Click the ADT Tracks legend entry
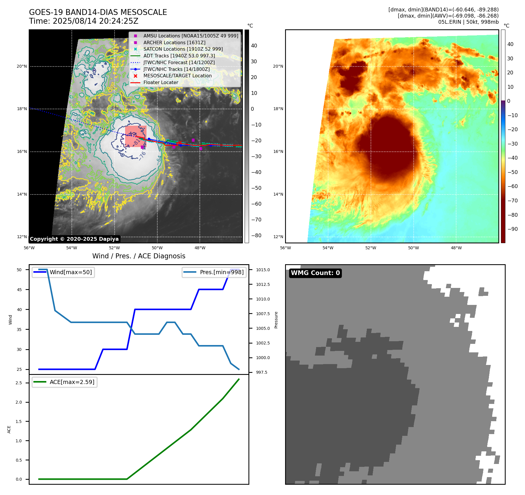pyautogui.click(x=179, y=56)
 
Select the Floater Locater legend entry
pyautogui.click(x=161, y=83)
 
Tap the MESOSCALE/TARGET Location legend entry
pyautogui.click(x=177, y=76)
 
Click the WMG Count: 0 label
pyautogui.click(x=315, y=273)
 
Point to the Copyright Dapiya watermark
pyautogui.click(x=74, y=239)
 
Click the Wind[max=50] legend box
pyautogui.click(x=63, y=272)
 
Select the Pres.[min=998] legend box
pyautogui.click(x=214, y=272)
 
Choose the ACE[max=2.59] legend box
pyautogui.click(x=64, y=382)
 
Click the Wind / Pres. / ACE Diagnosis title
pyautogui.click(x=139, y=256)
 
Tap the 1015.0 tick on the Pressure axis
pyautogui.click(x=263, y=270)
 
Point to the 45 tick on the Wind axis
pyautogui.click(x=19, y=290)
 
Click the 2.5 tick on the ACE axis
pyautogui.click(x=19, y=383)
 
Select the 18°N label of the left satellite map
pyautogui.click(x=22, y=109)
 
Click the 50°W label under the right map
pyautogui.click(x=413, y=248)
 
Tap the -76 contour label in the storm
pyautogui.click(x=142, y=156)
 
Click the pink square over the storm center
pyautogui.click(x=136, y=136)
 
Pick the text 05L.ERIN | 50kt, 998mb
pyautogui.click(x=468, y=22)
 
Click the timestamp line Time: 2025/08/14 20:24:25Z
pyautogui.click(x=83, y=21)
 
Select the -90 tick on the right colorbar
pyautogui.click(x=512, y=229)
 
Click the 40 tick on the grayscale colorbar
pyautogui.click(x=254, y=46)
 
